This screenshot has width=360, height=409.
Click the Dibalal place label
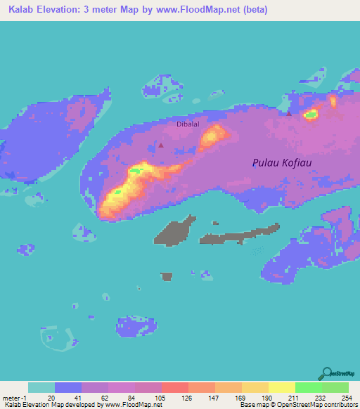(x=188, y=124)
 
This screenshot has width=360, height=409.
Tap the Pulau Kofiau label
(x=281, y=163)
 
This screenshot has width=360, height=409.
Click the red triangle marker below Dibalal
(x=161, y=145)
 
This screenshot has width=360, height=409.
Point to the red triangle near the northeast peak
(x=288, y=112)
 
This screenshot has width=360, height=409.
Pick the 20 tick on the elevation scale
(x=50, y=398)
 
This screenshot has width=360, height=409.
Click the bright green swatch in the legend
(x=308, y=387)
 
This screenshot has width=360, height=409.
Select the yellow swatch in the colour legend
(x=281, y=387)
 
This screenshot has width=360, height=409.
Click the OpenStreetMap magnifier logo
(x=326, y=373)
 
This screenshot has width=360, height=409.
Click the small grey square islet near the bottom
(x=166, y=276)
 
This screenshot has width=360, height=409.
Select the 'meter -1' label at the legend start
(x=15, y=398)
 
